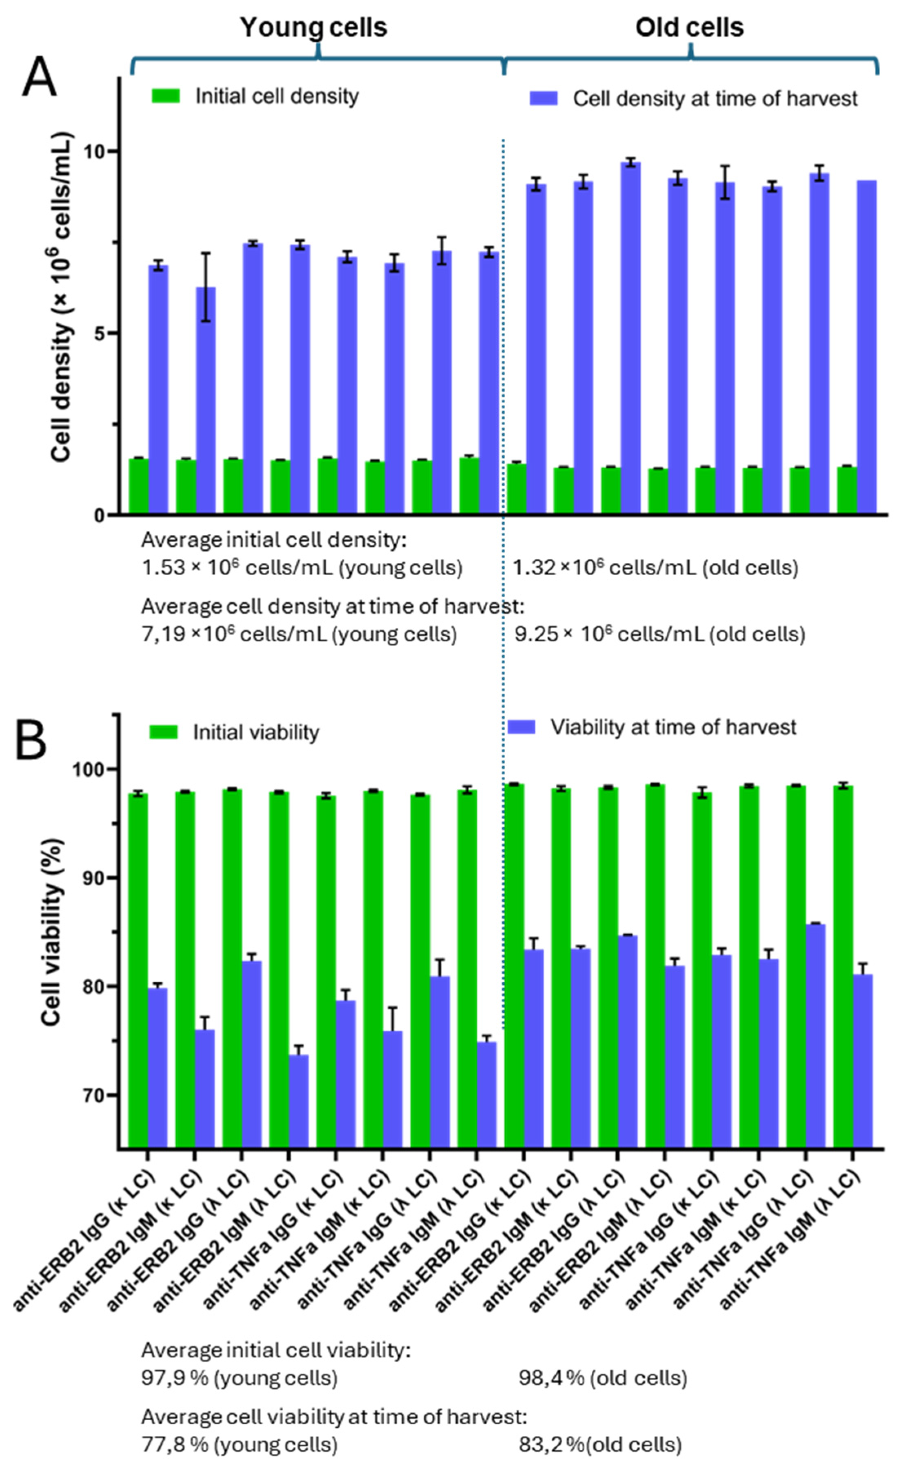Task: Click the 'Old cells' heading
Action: pos(690,27)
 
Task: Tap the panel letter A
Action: pos(39,78)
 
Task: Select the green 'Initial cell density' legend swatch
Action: pos(166,96)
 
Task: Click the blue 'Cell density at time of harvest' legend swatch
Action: pos(544,98)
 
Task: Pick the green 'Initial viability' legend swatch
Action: pos(163,732)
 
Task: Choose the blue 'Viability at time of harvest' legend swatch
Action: pos(522,727)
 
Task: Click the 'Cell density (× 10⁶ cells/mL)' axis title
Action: pos(62,298)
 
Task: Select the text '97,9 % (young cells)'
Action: pos(240,1378)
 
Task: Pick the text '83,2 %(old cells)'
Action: pos(600,1445)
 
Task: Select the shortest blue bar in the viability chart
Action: pos(299,1102)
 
